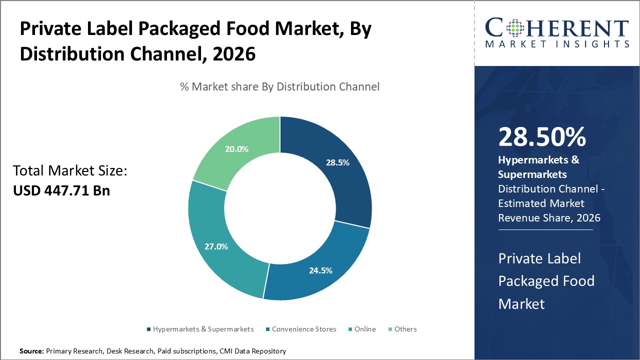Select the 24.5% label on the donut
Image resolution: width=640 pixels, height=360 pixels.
pyautogui.click(x=320, y=270)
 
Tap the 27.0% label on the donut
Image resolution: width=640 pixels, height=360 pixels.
pyautogui.click(x=216, y=246)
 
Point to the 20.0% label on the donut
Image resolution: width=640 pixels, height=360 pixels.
pyautogui.click(x=236, y=149)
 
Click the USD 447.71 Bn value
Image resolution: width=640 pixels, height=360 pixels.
pyautogui.click(x=61, y=190)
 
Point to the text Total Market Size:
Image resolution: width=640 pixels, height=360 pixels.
pyautogui.click(x=70, y=171)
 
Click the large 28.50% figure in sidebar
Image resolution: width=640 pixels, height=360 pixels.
pyautogui.click(x=542, y=137)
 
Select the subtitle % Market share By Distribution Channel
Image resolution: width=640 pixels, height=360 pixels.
pyautogui.click(x=279, y=86)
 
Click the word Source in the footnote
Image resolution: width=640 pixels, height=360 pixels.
pyautogui.click(x=31, y=351)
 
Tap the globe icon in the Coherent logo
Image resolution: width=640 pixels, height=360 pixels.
pyautogui.click(x=512, y=28)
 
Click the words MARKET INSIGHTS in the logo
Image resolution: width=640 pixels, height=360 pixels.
pyautogui.click(x=557, y=44)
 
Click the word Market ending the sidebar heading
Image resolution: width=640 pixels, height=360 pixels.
pyautogui.click(x=521, y=303)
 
